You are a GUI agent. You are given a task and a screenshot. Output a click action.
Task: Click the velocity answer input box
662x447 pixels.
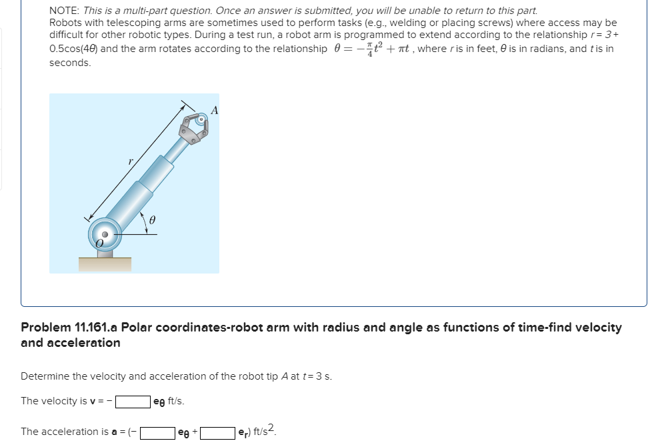click(x=132, y=402)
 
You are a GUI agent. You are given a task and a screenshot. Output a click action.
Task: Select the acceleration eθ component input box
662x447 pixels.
click(x=157, y=432)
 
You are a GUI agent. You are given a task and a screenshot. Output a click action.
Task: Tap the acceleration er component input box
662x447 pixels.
click(x=218, y=432)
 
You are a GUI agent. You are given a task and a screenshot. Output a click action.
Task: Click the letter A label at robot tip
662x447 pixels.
click(x=214, y=109)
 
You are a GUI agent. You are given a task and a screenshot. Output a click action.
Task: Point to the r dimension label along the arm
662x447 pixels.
click(x=131, y=161)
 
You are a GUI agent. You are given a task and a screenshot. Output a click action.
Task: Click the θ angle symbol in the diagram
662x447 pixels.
click(x=152, y=218)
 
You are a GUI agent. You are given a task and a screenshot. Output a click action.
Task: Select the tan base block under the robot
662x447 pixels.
click(x=105, y=264)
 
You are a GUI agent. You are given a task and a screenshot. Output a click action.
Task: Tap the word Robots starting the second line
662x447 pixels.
click(x=66, y=23)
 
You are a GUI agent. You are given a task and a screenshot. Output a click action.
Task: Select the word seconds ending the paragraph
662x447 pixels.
click(x=69, y=62)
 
